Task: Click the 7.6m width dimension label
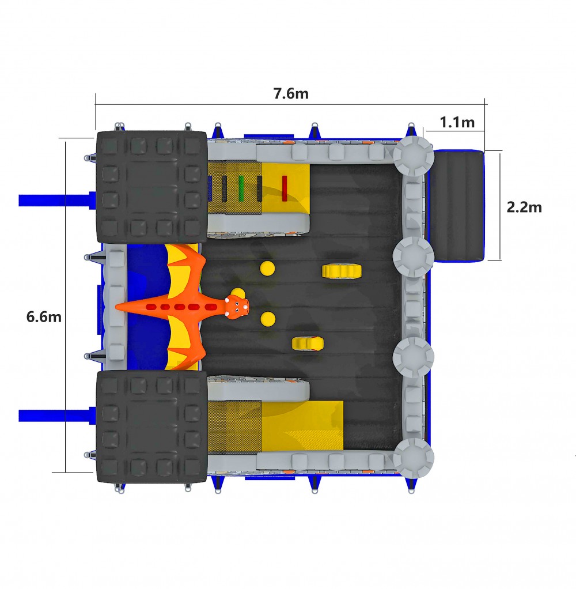(x=291, y=93)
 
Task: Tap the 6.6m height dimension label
(x=44, y=317)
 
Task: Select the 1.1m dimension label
(x=457, y=122)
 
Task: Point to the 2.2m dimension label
(x=524, y=207)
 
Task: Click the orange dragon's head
(x=237, y=305)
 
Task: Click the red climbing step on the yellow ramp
(x=284, y=188)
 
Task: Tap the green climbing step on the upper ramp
(x=241, y=188)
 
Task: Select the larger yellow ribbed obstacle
(x=342, y=271)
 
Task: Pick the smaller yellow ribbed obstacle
(x=308, y=343)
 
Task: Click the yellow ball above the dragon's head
(x=267, y=269)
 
